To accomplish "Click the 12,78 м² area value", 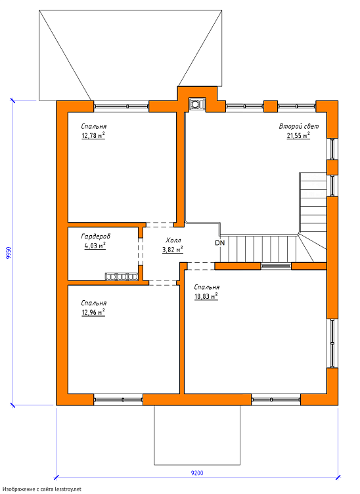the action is (93, 136).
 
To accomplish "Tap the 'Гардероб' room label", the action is (96, 236).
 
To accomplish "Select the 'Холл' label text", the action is (173, 240).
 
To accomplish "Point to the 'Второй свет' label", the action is (299, 126).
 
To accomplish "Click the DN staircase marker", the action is (220, 243).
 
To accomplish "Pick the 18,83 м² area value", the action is (206, 296).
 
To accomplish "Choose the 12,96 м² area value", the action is (93, 312).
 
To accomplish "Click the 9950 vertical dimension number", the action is (9, 253).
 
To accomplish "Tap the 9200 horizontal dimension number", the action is (197, 473).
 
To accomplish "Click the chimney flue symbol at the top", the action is (198, 104).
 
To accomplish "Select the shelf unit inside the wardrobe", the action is (122, 277).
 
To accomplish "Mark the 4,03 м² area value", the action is (95, 246).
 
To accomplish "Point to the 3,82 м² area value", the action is (173, 250).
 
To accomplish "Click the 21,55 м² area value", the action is (298, 136).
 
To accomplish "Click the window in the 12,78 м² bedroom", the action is (122, 106).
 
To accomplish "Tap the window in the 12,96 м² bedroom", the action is (118, 399).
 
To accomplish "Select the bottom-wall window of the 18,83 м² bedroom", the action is (276, 399).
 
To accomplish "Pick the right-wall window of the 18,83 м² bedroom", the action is (332, 344).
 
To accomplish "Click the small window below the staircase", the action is (276, 266).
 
